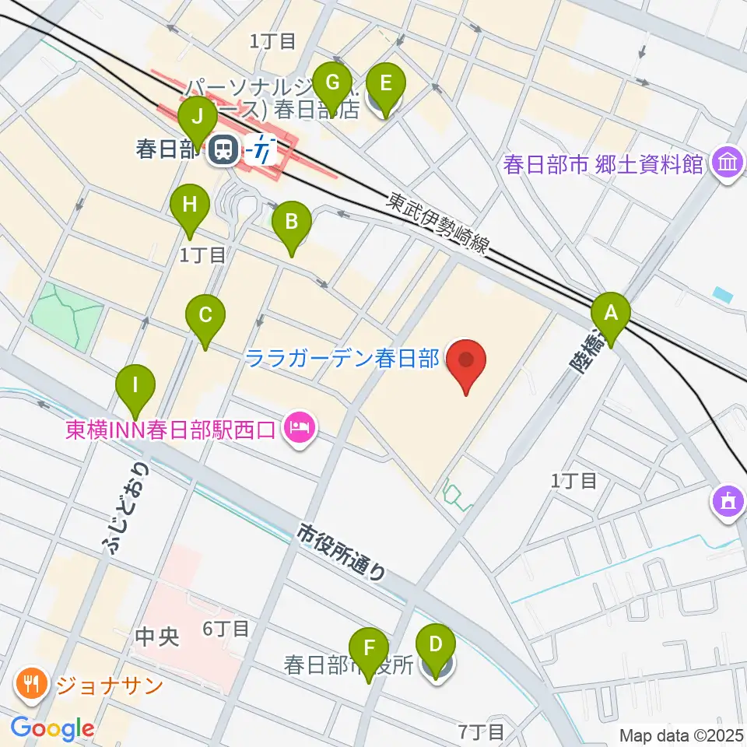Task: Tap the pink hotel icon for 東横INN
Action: (299, 427)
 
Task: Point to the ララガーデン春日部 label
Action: (342, 359)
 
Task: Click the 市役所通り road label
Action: (342, 553)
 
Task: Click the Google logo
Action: (52, 729)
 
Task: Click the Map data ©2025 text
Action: (682, 735)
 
